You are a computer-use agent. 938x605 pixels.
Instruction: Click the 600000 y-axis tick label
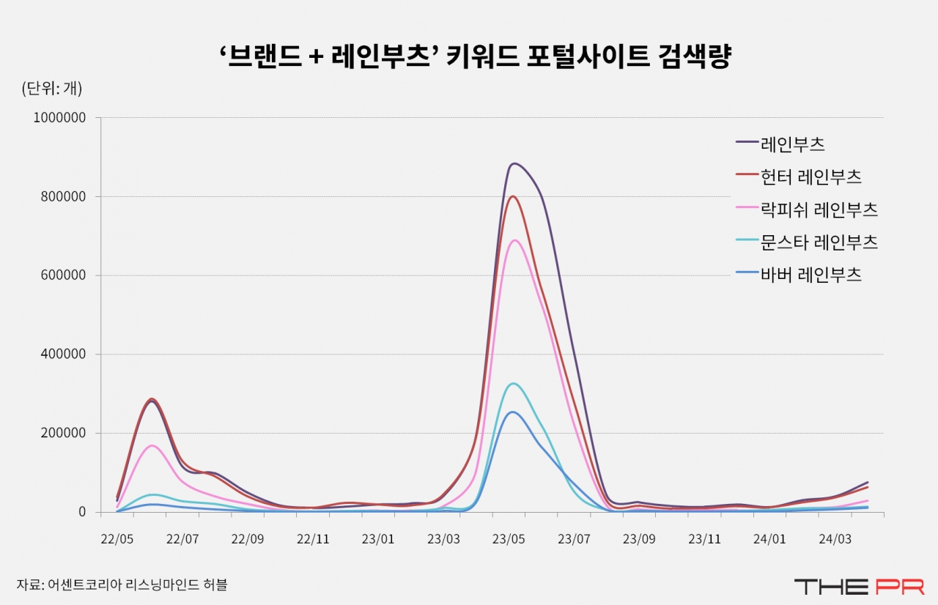pyautogui.click(x=64, y=275)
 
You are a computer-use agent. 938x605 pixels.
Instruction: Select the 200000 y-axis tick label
pyautogui.click(x=64, y=433)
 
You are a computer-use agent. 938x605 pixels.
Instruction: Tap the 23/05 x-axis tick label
pyautogui.click(x=509, y=540)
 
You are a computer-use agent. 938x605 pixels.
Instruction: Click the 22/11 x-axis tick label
pyautogui.click(x=313, y=540)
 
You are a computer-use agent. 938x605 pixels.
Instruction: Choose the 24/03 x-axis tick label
pyautogui.click(x=835, y=540)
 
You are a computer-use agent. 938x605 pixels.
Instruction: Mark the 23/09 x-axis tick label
pyautogui.click(x=639, y=540)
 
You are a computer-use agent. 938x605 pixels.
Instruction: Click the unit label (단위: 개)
pyautogui.click(x=52, y=89)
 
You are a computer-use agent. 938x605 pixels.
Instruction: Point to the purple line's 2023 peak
pyautogui.click(x=514, y=163)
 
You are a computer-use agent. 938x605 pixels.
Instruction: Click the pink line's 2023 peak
pyautogui.click(x=514, y=240)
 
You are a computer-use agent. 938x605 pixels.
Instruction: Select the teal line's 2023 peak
pyautogui.click(x=514, y=383)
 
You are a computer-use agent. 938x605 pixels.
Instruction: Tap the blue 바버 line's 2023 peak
pyautogui.click(x=513, y=412)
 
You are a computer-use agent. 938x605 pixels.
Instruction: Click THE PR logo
pyautogui.click(x=859, y=586)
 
